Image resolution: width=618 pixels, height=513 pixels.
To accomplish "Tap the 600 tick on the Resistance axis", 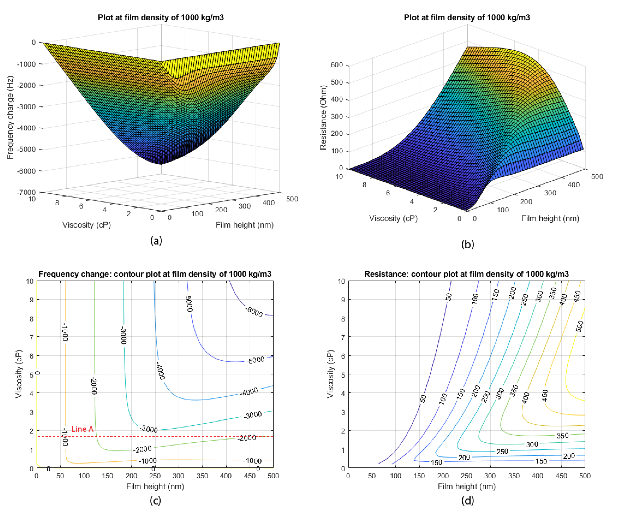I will [x=337, y=65].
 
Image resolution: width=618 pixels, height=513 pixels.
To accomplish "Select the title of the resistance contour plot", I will [x=466, y=274].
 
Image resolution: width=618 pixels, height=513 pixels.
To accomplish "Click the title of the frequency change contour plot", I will [x=155, y=274].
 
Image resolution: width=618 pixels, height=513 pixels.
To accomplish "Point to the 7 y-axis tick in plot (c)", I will [x=31, y=337].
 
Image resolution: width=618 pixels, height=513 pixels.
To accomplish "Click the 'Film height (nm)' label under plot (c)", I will [x=155, y=486].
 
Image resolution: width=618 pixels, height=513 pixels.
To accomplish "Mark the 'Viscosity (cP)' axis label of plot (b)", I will [x=393, y=218].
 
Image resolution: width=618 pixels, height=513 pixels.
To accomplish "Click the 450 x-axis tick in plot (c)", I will [x=250, y=476].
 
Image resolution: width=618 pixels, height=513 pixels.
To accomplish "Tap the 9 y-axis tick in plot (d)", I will [x=343, y=300].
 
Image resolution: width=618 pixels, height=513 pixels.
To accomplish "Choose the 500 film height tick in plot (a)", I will [x=292, y=199].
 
